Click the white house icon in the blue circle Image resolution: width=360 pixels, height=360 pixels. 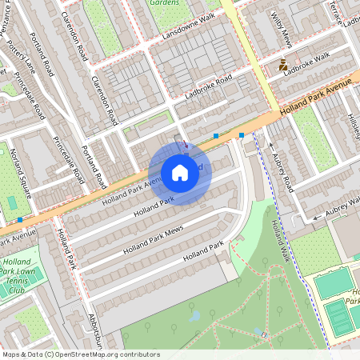(180, 172)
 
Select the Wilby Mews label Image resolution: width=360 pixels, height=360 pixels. (286, 29)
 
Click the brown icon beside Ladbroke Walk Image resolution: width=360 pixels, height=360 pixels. (283, 66)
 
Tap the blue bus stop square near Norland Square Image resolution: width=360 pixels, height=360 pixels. (19, 219)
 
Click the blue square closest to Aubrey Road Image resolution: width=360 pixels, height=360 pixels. (242, 135)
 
